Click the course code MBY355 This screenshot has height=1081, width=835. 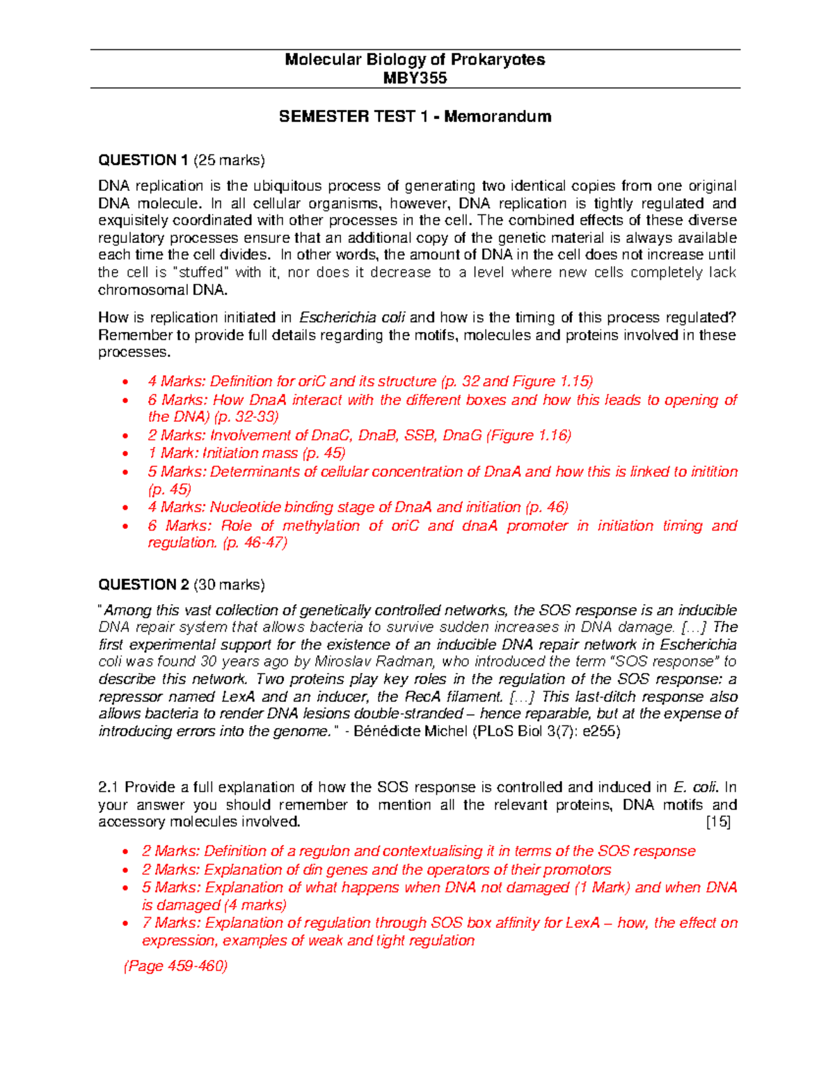[415, 78]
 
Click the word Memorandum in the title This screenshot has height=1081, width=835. [498, 116]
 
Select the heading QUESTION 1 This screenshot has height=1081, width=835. [143, 160]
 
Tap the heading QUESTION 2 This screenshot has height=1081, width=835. [143, 585]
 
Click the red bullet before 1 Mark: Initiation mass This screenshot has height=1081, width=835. [125, 454]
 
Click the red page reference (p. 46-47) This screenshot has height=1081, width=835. [255, 543]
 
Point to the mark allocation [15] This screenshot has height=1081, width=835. [718, 822]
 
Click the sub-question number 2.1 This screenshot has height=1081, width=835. [109, 787]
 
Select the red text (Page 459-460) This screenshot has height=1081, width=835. [175, 966]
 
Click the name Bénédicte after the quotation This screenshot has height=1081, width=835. [384, 731]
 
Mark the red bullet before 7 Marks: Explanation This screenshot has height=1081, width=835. [125, 924]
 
